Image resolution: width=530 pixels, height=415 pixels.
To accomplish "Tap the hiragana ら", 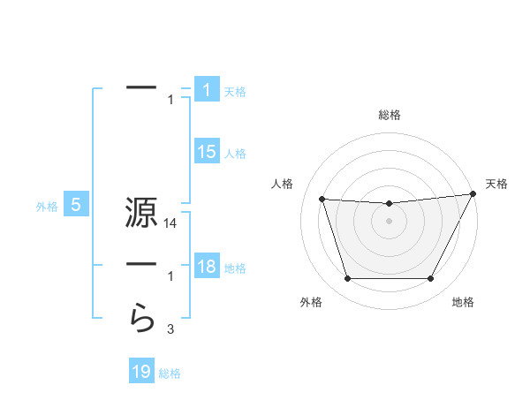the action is click(142, 315).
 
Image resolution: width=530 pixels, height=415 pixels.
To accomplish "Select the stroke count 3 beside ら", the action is click(170, 330).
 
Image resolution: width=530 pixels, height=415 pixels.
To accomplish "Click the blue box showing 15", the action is click(207, 152).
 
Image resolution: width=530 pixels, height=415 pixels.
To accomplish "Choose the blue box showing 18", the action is click(207, 267).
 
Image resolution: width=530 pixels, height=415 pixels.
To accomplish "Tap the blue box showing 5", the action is click(76, 206).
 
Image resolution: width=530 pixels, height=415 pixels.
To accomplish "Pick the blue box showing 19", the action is click(141, 372).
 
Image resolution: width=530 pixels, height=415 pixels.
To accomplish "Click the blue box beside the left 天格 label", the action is click(207, 90).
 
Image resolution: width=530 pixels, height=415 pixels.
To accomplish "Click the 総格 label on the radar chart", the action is click(389, 115).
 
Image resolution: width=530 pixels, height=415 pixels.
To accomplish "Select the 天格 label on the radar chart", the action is click(496, 184).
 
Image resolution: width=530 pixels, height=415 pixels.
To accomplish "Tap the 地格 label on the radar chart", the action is click(463, 303).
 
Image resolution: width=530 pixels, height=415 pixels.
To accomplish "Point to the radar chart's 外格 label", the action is click(311, 303).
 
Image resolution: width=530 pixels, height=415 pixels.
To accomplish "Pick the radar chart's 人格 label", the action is click(282, 184).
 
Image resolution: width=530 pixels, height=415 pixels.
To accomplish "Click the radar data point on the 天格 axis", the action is click(473, 193).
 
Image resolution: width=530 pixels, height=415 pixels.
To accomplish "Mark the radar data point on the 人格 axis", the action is click(322, 199).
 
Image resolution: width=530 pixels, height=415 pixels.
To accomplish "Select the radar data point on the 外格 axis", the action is click(347, 278).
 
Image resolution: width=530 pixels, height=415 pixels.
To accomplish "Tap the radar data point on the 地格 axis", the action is click(430, 278).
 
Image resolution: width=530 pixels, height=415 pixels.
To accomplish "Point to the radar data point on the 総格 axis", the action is click(389, 204).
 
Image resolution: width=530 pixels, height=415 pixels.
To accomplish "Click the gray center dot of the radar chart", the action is click(389, 221).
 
